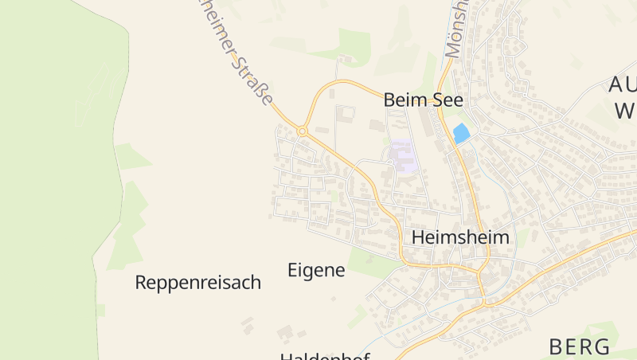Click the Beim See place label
tap(423, 100)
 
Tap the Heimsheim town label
tap(460, 237)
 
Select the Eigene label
tap(316, 270)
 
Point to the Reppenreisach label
tap(198, 283)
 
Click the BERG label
tap(580, 346)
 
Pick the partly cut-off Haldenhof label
tap(325, 355)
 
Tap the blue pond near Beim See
tap(460, 133)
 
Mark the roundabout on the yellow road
tap(303, 131)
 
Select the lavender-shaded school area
tap(404, 156)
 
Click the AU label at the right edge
tap(621, 85)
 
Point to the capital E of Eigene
tap(292, 270)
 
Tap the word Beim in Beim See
tap(404, 100)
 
